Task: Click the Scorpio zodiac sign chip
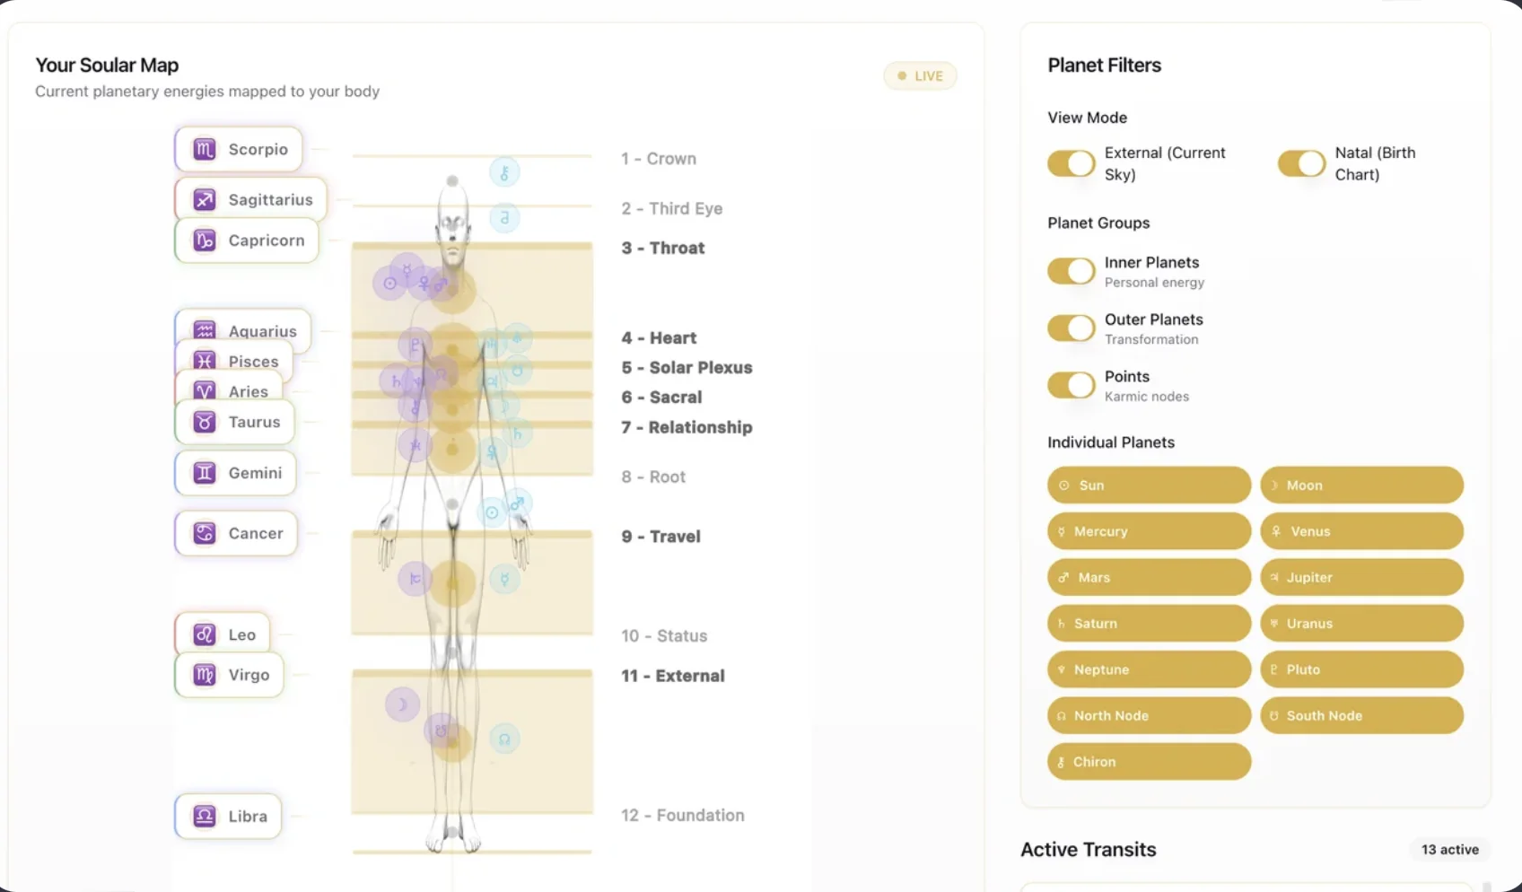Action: (x=239, y=149)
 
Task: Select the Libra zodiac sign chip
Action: (x=228, y=816)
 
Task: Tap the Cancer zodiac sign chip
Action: (x=236, y=533)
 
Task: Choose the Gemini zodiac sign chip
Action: (x=236, y=473)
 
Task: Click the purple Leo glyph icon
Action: (x=205, y=634)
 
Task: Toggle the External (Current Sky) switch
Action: (x=1071, y=163)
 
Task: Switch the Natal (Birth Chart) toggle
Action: (x=1301, y=163)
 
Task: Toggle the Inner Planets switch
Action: (x=1071, y=271)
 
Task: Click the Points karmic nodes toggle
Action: (x=1071, y=385)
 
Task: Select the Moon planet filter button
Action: (x=1361, y=485)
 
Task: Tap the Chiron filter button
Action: (x=1149, y=762)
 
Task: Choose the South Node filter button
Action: (x=1361, y=715)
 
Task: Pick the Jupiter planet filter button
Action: (x=1361, y=577)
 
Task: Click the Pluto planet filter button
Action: (x=1361, y=669)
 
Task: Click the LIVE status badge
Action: (x=920, y=76)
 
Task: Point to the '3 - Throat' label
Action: (x=662, y=248)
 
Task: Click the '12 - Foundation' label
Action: (x=682, y=815)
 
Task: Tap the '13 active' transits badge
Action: (x=1450, y=849)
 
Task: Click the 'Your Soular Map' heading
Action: (x=107, y=66)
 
